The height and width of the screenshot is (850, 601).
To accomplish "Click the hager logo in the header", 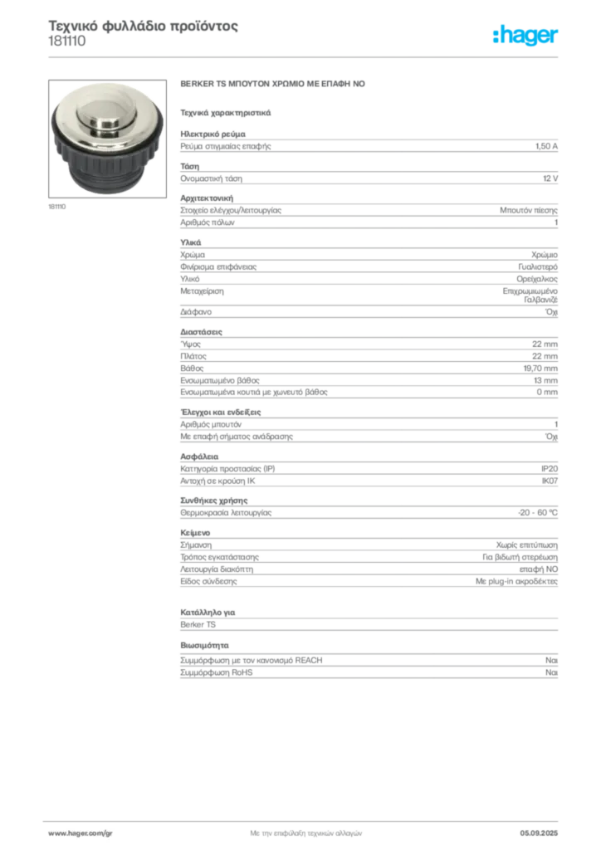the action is click(525, 36).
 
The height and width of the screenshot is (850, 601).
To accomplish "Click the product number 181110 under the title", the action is click(67, 42).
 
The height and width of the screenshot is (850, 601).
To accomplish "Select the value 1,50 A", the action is click(546, 146).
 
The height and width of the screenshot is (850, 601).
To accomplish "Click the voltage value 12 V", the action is click(550, 178).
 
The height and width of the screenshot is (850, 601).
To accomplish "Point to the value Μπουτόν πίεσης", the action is click(529, 210).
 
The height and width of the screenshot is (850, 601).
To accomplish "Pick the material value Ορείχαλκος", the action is click(536, 279).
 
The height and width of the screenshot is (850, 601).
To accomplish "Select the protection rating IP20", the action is click(549, 469).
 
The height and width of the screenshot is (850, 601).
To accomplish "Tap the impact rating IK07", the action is click(550, 481).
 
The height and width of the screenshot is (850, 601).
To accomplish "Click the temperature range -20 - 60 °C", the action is click(538, 513).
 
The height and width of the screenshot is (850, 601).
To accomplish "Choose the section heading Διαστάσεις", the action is click(201, 332).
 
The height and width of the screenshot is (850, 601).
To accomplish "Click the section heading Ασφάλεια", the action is click(199, 457).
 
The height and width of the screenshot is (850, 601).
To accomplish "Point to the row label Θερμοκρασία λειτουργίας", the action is click(226, 513).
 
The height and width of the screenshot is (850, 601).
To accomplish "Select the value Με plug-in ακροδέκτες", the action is click(516, 582).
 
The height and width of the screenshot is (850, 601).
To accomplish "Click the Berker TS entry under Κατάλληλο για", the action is click(198, 624).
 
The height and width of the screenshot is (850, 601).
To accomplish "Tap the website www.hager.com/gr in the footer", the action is click(81, 833).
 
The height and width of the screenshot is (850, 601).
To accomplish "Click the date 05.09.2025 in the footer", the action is click(539, 833).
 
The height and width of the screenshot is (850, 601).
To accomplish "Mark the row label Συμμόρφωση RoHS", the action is click(216, 672).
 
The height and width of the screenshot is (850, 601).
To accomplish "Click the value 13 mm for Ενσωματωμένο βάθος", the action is click(545, 380).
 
